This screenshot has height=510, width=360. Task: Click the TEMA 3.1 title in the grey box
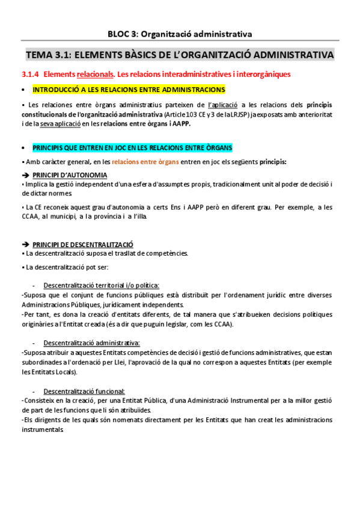[180, 55]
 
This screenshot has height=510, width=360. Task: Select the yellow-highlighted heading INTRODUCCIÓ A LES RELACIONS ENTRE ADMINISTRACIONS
[129, 90]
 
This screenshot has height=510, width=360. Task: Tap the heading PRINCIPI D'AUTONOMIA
[70, 175]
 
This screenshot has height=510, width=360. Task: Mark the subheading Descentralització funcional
[84, 391]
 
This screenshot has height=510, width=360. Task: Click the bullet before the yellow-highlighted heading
[23, 90]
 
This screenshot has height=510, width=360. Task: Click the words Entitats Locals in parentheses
[47, 372]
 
